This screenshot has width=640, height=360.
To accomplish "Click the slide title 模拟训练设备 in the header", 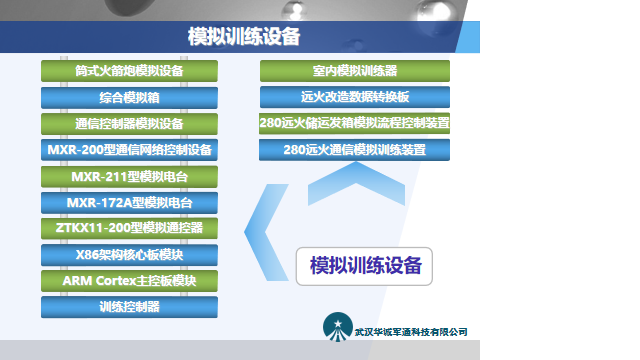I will point(245,37).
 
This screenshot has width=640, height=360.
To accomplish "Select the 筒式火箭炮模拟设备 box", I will point(129,72).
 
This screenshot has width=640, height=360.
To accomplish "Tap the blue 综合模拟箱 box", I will point(129,98).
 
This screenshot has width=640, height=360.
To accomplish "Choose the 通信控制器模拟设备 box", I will point(129,124).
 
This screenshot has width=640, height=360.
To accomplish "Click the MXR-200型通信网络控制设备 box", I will point(129,150).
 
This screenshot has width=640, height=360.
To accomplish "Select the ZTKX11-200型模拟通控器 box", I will point(129,228).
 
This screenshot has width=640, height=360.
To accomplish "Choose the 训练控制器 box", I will point(129,307).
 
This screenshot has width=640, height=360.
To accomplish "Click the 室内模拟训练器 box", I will point(354,72).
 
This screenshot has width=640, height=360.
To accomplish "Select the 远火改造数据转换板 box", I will point(354,98).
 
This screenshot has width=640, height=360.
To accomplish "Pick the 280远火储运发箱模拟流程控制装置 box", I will point(354,124).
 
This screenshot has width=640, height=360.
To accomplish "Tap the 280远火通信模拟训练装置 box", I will point(354,150).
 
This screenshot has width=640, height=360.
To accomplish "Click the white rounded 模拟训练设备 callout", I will point(364,266).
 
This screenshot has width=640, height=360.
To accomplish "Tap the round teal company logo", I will point(338,327).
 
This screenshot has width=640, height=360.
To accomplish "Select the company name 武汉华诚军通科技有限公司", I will point(411,332).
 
